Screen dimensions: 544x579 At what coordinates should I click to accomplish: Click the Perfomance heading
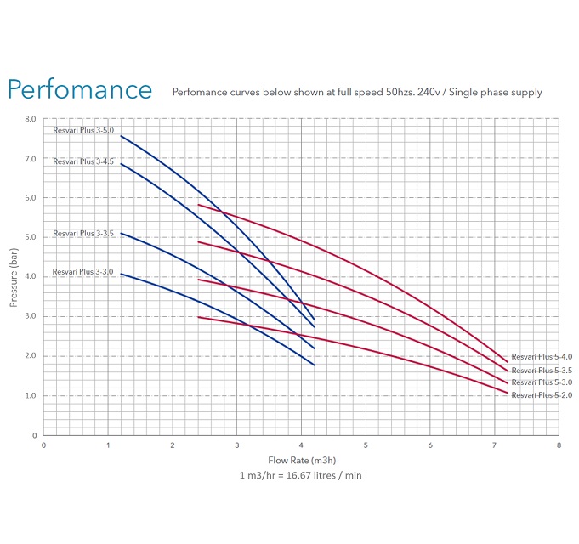coord(80,90)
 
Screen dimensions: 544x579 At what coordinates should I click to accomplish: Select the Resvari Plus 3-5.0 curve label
coord(82,130)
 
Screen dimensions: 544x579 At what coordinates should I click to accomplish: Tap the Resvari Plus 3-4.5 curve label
coord(82,161)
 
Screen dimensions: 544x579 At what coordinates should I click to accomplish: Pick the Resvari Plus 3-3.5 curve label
coord(82,233)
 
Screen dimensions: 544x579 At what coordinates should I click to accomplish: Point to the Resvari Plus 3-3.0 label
coord(82,271)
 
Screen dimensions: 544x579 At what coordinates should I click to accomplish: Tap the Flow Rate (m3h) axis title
coord(301,460)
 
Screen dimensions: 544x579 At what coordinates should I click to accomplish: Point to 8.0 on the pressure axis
coord(30,120)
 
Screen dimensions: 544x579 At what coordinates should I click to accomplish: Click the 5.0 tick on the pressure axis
coord(30,238)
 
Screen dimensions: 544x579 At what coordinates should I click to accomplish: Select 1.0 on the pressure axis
coord(30,396)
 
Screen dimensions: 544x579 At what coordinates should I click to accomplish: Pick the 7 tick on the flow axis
coord(494,445)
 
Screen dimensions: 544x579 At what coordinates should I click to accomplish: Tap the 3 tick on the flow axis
coord(236,445)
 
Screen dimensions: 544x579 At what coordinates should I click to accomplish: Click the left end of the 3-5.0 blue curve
coord(121,136)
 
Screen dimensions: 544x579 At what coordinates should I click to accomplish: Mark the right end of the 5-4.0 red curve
coord(508,362)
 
